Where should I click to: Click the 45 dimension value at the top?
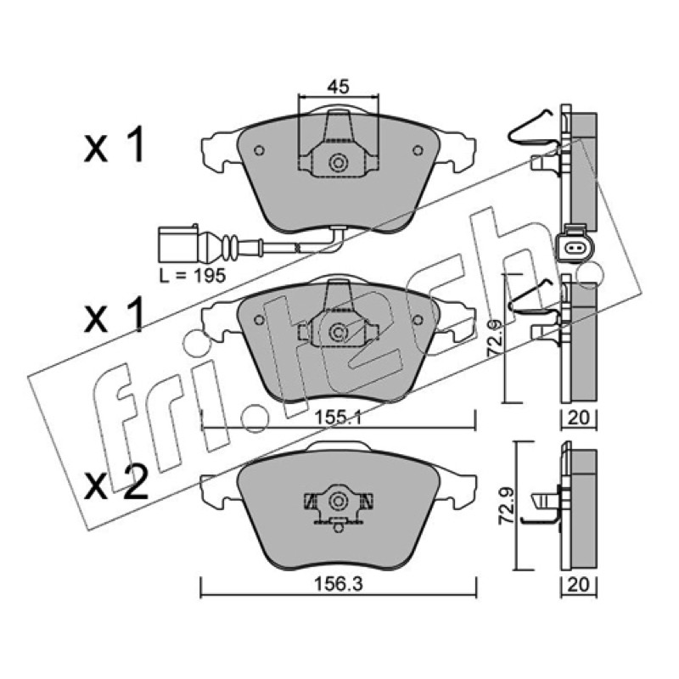point(338,87)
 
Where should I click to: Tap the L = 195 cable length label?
point(193,275)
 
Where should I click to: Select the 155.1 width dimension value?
point(338,418)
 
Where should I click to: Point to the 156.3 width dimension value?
point(338,584)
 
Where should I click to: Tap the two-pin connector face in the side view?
point(575,248)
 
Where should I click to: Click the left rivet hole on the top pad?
point(259,150)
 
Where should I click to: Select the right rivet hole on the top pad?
point(418,150)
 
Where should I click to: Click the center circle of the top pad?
point(338,163)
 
